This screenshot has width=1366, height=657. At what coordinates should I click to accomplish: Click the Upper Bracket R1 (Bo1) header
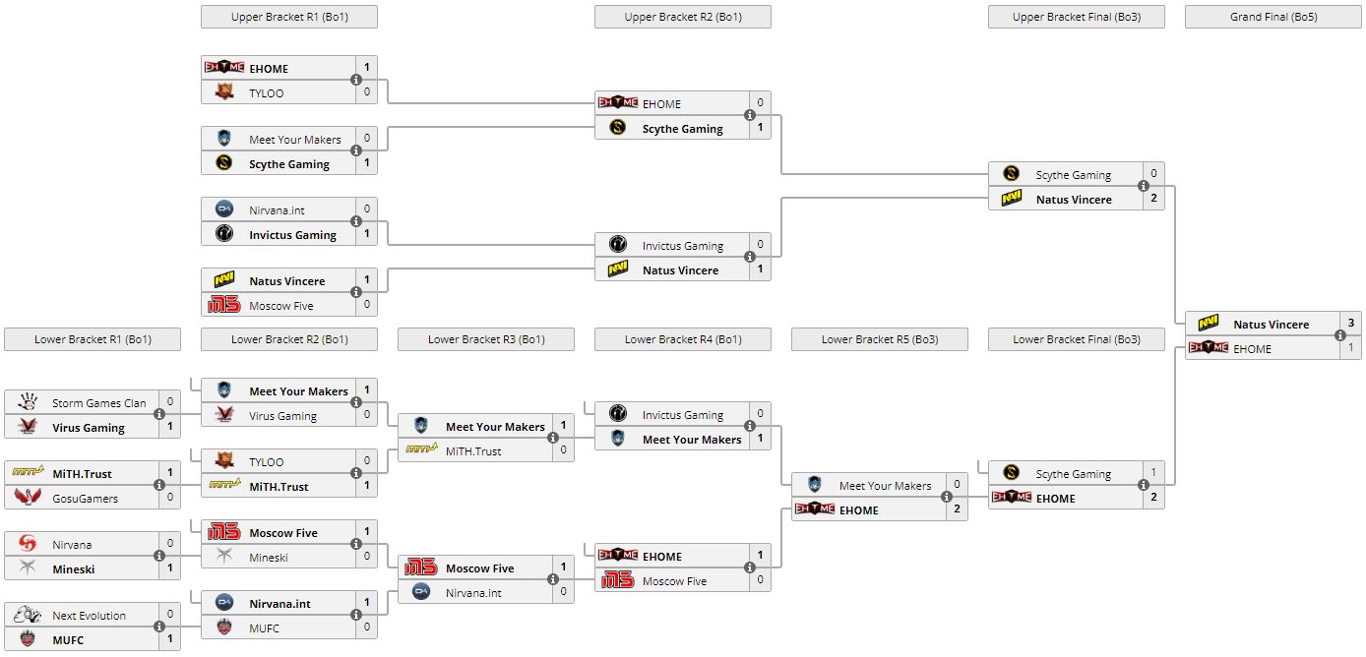[288, 17]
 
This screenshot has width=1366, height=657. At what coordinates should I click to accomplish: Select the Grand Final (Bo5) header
[1273, 17]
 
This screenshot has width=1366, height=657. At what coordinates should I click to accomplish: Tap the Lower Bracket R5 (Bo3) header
[879, 339]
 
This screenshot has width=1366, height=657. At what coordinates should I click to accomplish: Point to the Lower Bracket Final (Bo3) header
[1076, 339]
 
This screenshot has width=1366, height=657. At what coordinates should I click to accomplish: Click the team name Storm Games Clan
[98, 403]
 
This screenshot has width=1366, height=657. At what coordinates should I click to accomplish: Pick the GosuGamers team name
[85, 499]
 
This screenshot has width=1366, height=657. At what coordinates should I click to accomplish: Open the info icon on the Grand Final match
[1340, 336]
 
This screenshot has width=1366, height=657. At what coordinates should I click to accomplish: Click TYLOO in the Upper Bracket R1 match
[266, 93]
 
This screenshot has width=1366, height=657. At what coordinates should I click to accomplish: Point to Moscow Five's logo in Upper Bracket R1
[224, 306]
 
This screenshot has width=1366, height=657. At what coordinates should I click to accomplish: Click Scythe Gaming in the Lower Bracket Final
[1073, 474]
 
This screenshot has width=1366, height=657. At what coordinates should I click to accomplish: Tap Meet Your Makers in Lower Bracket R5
[885, 486]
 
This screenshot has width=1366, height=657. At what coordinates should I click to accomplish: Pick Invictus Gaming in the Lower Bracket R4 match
[682, 415]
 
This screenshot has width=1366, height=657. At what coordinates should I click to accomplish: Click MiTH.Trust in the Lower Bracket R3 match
[473, 451]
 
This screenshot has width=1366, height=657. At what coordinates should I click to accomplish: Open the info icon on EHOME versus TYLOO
[356, 81]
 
